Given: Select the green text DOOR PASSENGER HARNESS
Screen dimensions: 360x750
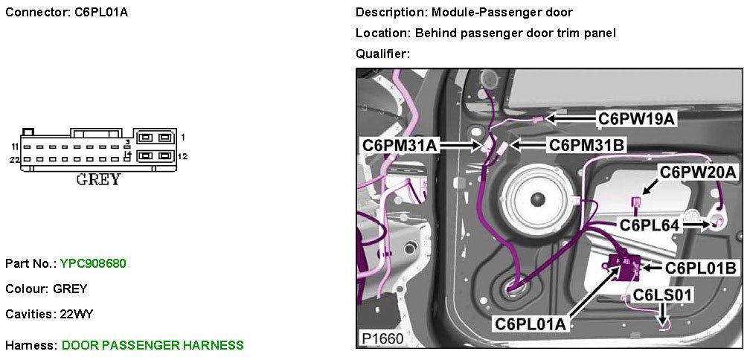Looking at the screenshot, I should (x=153, y=345).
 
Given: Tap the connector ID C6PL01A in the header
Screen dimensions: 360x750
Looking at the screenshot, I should (x=101, y=13).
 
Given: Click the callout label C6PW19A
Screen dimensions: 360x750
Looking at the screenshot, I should (x=636, y=118).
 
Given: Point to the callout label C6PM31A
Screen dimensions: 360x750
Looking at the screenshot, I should (x=400, y=145).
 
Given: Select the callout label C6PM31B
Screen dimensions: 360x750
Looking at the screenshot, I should (x=586, y=145).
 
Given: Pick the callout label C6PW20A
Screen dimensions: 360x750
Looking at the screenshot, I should (x=698, y=173).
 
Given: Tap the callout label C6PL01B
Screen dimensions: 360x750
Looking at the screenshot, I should (x=701, y=267).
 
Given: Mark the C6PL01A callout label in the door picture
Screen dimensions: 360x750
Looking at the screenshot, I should (x=531, y=324).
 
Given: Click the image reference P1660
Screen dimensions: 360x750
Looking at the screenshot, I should (x=382, y=338).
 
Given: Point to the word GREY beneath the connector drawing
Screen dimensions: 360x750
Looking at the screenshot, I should (x=98, y=180).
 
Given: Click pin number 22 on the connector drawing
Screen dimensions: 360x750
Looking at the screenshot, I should (x=14, y=160).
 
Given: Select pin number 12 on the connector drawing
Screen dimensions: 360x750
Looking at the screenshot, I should (x=183, y=156).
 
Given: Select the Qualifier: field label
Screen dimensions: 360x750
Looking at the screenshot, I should (x=382, y=54).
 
